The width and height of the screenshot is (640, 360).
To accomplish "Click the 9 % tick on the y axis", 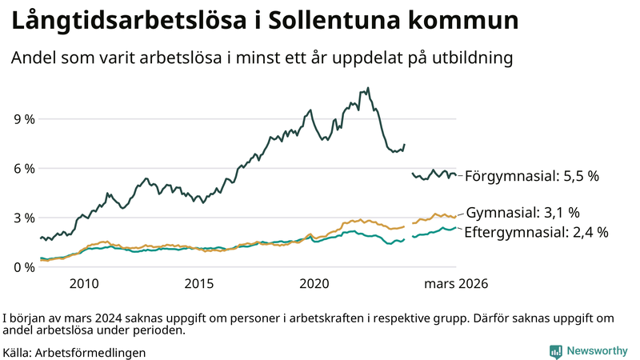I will [x=22, y=119].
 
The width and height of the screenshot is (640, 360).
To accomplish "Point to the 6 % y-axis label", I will [x=22, y=169].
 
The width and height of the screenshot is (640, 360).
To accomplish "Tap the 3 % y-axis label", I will [x=22, y=218].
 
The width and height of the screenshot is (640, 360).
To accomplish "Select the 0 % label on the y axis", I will [x=22, y=267].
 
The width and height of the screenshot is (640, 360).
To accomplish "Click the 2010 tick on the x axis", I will [x=84, y=284].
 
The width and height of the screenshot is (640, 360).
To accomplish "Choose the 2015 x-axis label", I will [x=199, y=284].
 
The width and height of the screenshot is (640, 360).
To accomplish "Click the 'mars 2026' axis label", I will [x=456, y=284].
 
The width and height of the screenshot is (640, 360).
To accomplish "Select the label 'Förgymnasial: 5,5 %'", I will [x=531, y=175].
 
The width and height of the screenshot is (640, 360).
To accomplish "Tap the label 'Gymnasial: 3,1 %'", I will [x=522, y=213].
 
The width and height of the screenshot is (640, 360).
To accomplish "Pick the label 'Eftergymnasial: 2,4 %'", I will [x=536, y=233].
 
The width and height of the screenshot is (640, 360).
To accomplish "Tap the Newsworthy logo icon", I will [x=555, y=351].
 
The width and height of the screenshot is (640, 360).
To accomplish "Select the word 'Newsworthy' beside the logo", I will [x=597, y=351].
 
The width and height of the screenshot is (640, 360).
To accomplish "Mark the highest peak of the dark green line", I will [x=368, y=88].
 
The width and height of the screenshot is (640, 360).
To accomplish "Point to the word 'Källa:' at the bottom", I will [x=18, y=352].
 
